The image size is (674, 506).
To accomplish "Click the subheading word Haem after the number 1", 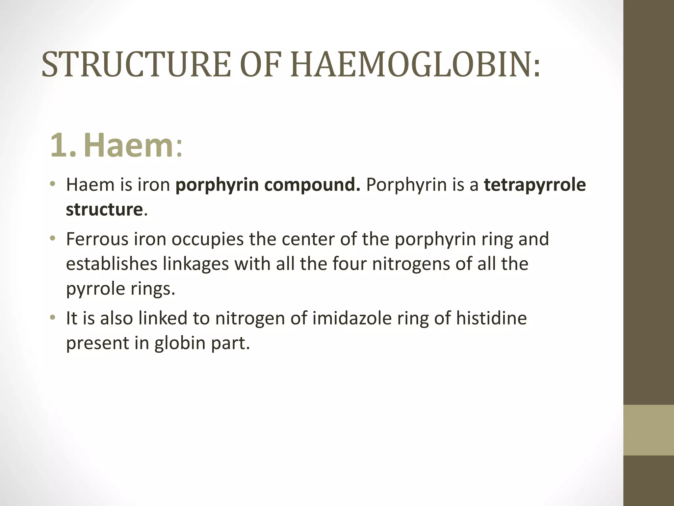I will pos(129,145).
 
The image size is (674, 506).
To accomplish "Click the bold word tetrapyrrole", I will pos(535,184).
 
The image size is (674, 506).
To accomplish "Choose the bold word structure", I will pos(104,210).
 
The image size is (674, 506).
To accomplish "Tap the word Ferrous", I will pos(97,239).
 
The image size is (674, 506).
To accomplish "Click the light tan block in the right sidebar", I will pos(649,430).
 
